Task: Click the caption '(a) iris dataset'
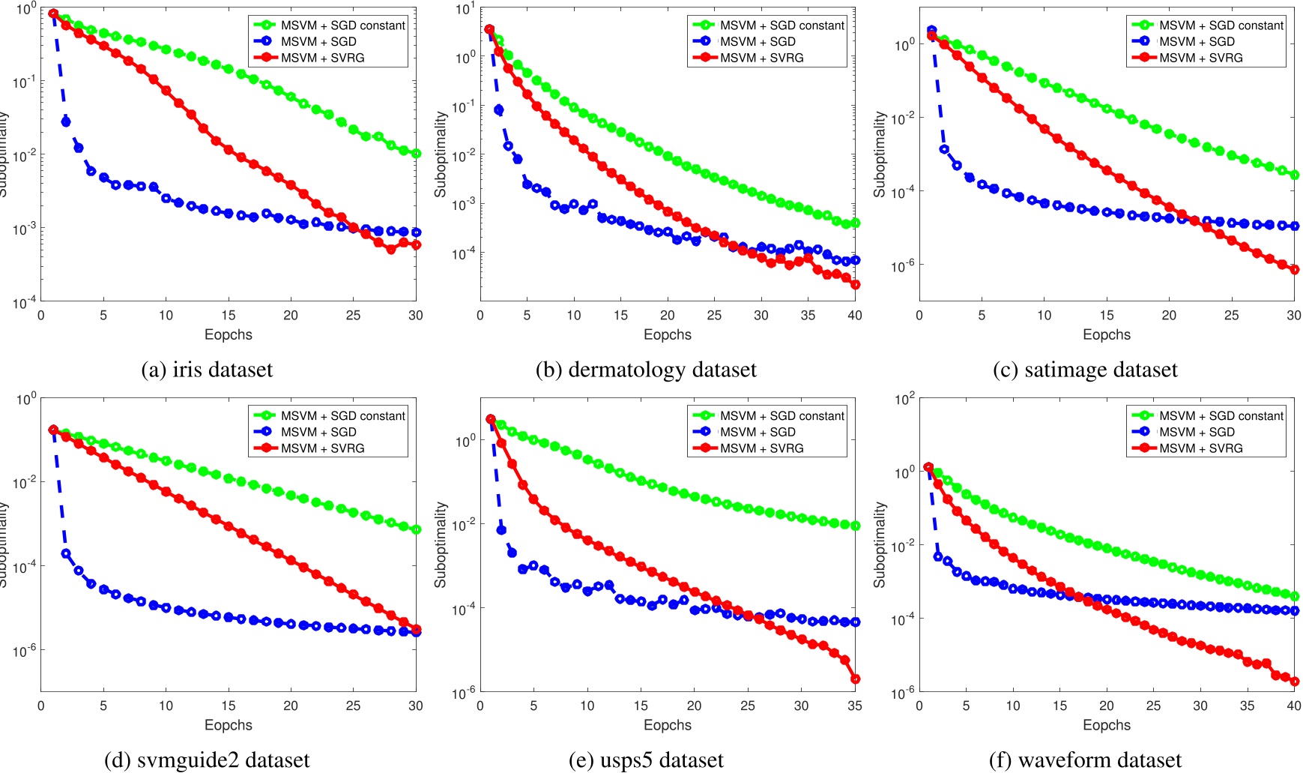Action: pyautogui.click(x=207, y=370)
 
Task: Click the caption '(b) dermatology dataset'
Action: pyautogui.click(x=646, y=370)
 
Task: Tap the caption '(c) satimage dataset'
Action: pyautogui.click(x=1085, y=370)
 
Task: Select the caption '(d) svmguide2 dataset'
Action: pyautogui.click(x=207, y=760)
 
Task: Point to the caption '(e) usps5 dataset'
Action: pyautogui.click(x=646, y=760)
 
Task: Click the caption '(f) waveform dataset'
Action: pyautogui.click(x=1085, y=760)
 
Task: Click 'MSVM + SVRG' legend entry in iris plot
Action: pyautogui.click(x=322, y=58)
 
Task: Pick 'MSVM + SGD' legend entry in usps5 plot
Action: pyautogui.click(x=758, y=432)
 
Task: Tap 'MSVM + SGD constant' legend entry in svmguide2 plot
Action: pyautogui.click(x=343, y=415)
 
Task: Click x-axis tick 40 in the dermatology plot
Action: pyautogui.click(x=854, y=316)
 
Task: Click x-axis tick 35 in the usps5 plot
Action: pyautogui.click(x=854, y=706)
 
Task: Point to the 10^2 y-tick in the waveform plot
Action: pyautogui.click(x=905, y=399)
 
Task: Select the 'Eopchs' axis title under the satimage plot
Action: pyautogui.click(x=1106, y=334)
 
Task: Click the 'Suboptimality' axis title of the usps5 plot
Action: pyautogui.click(x=441, y=544)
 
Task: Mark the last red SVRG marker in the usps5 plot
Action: pyautogui.click(x=855, y=679)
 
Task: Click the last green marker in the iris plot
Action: pyautogui.click(x=416, y=154)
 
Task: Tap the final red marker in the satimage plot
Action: pyautogui.click(x=1294, y=269)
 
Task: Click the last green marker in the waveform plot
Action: pyautogui.click(x=1294, y=596)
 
